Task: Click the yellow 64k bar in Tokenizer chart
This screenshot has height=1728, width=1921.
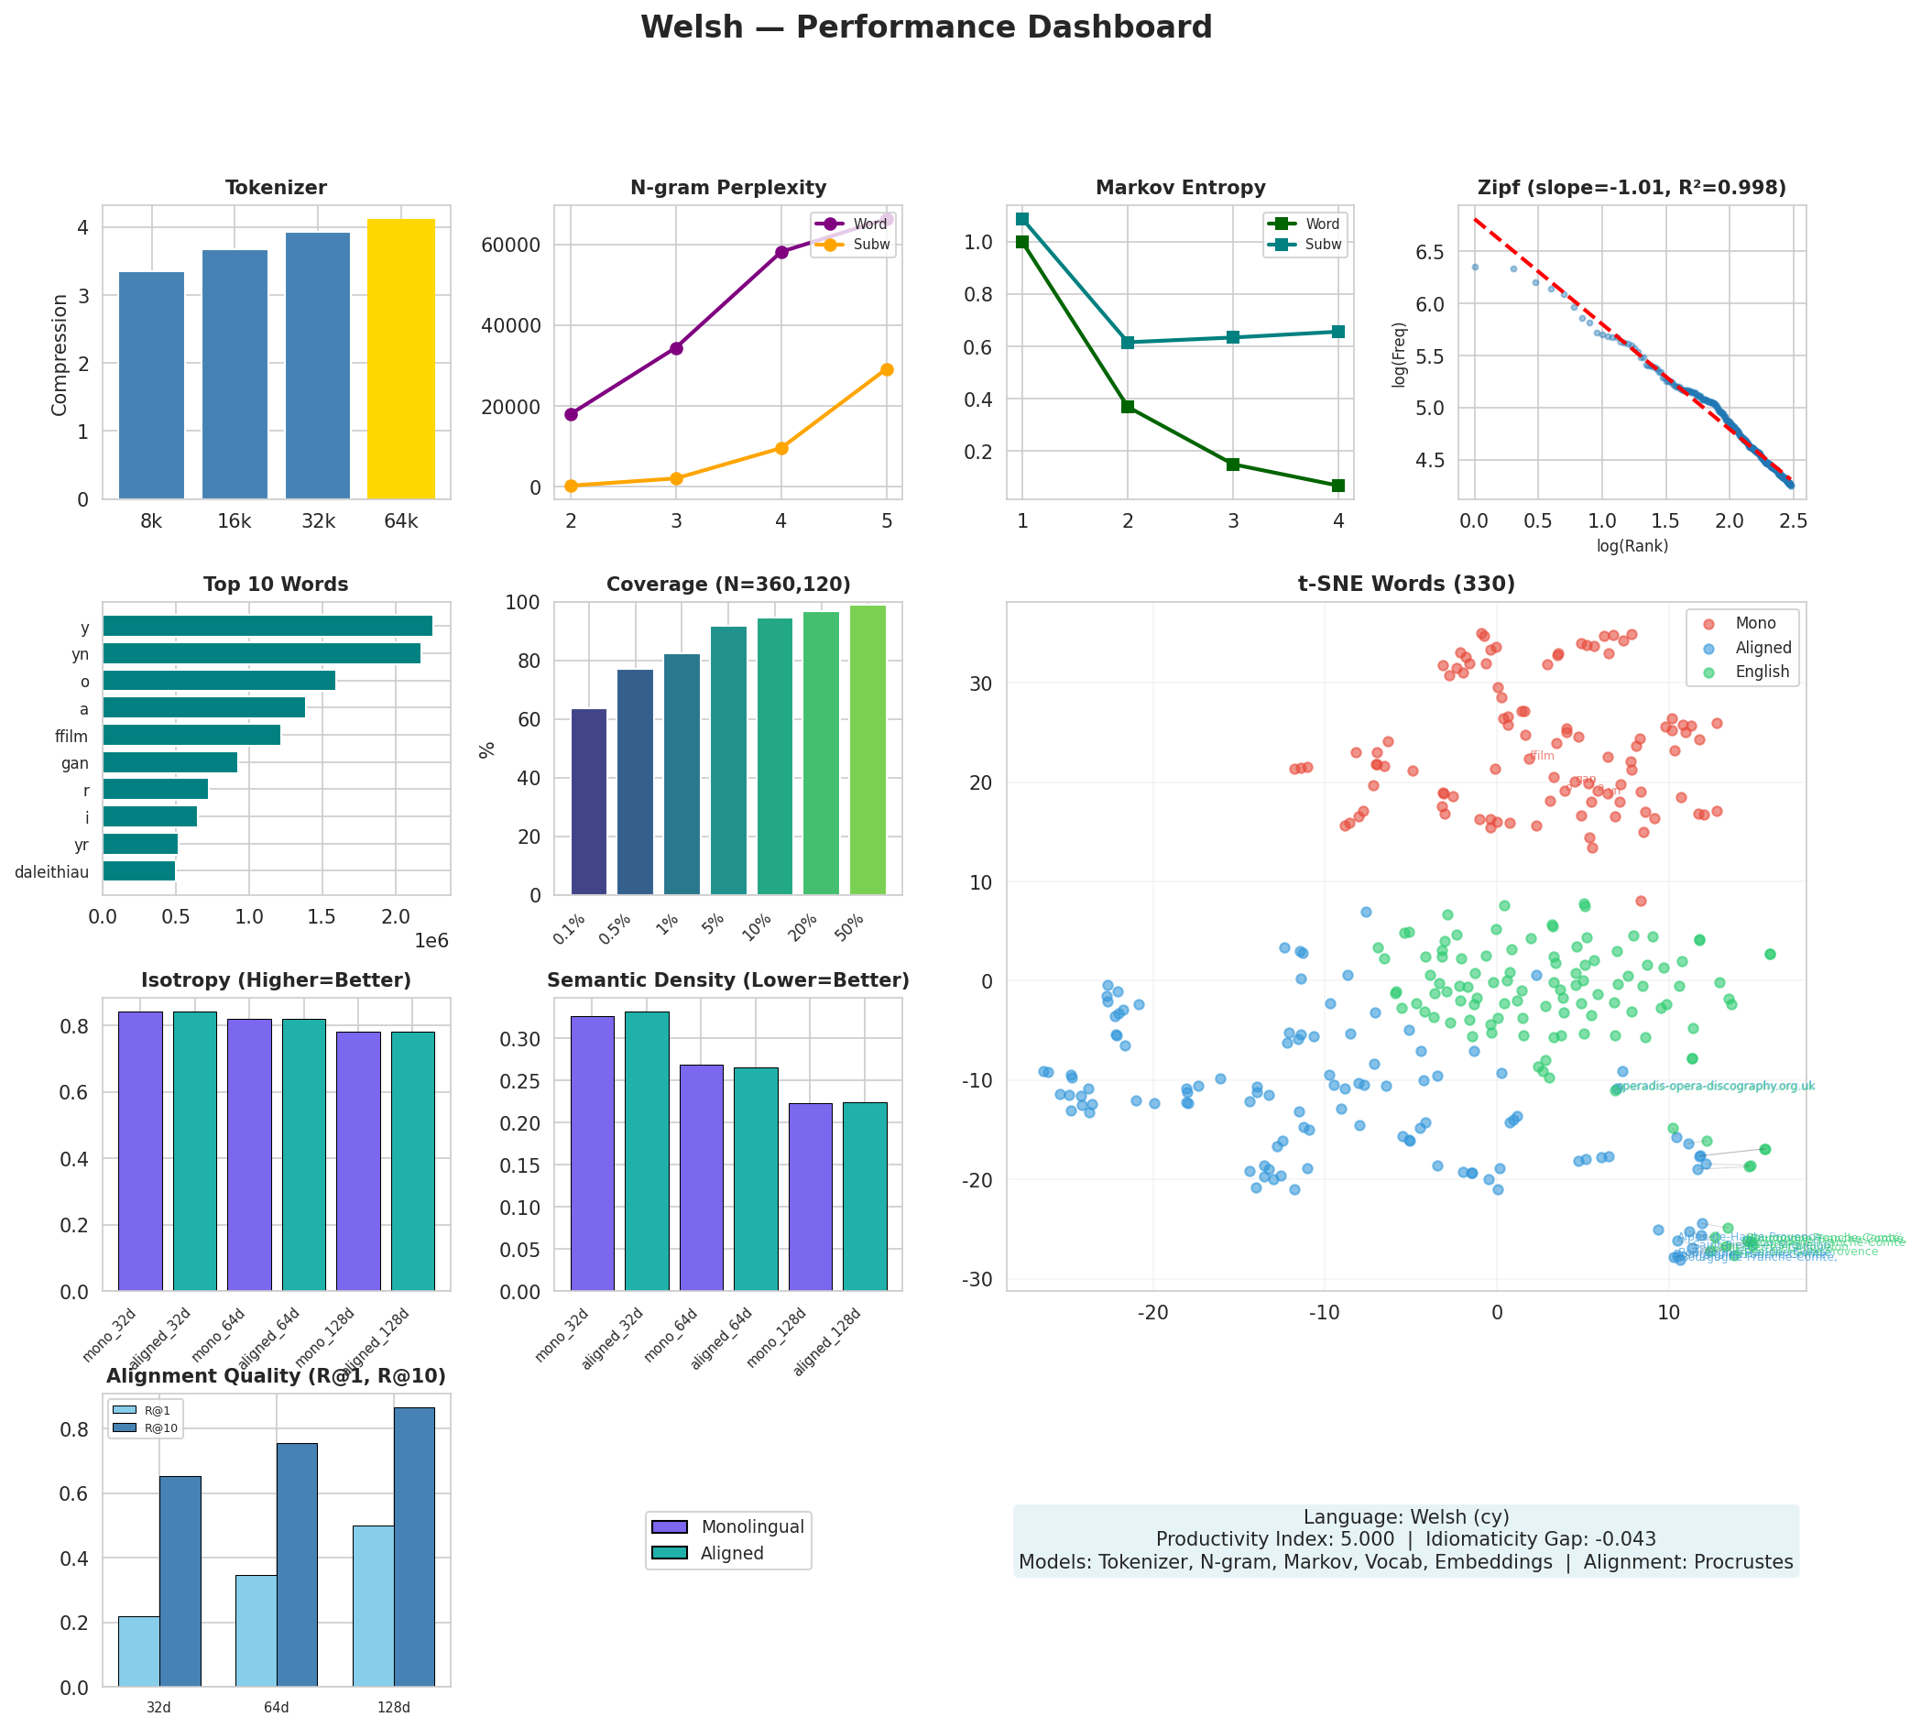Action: [400, 359]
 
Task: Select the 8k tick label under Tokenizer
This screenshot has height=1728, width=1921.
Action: [151, 521]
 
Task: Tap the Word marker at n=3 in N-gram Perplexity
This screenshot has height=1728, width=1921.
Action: [676, 348]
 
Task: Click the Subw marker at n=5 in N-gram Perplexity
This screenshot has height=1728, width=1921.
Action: [887, 369]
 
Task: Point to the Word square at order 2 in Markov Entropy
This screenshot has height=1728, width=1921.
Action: [1128, 407]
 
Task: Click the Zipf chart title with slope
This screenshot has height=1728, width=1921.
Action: [1632, 188]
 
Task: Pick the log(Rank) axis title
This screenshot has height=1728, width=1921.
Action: [1632, 546]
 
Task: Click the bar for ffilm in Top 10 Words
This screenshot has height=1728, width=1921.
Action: [191, 735]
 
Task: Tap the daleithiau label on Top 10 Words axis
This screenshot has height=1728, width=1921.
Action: [51, 871]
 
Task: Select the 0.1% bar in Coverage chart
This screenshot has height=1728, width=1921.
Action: [588, 802]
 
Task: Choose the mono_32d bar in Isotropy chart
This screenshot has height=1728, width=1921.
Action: [139, 1151]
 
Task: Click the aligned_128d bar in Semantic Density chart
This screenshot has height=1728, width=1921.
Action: [865, 1196]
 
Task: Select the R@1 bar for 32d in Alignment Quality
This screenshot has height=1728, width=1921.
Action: [138, 1651]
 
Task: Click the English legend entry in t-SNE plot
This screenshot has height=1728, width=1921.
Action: [1762, 673]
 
